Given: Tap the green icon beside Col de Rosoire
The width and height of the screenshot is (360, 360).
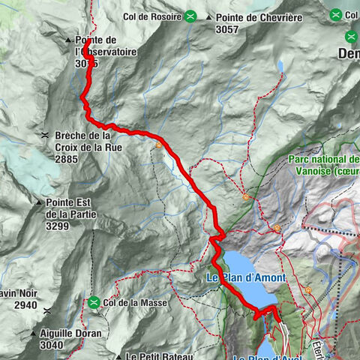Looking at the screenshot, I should click(x=191, y=15).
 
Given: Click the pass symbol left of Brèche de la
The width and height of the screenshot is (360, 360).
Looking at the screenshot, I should click(x=46, y=136).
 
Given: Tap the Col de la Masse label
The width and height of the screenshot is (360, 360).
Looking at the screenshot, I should click(x=133, y=302).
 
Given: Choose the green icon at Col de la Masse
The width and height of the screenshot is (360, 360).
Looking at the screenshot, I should click(x=94, y=302).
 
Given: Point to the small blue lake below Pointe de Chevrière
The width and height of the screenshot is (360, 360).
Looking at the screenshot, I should click(x=280, y=67).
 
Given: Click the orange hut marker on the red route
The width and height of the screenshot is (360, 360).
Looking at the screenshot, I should click(x=159, y=145).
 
